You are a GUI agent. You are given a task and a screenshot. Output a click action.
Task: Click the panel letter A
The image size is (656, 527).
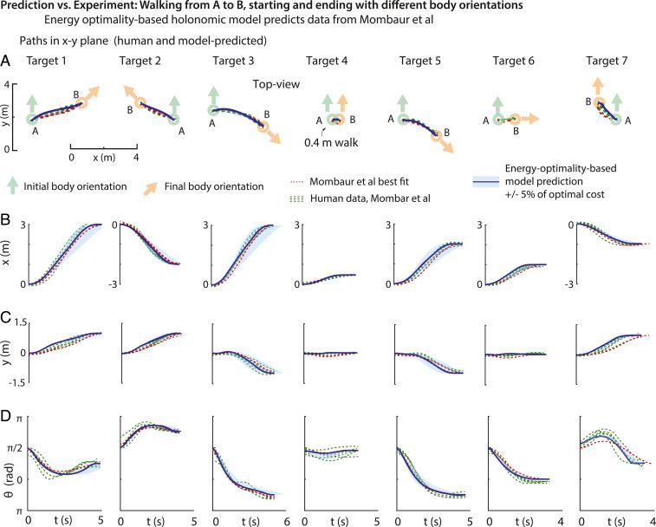point(6,62)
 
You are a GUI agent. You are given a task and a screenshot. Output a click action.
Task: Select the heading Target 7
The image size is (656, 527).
point(611,62)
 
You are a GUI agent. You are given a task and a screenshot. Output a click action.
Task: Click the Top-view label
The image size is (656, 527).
point(276,85)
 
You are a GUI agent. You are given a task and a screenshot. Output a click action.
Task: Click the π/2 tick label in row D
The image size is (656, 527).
point(16,448)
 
